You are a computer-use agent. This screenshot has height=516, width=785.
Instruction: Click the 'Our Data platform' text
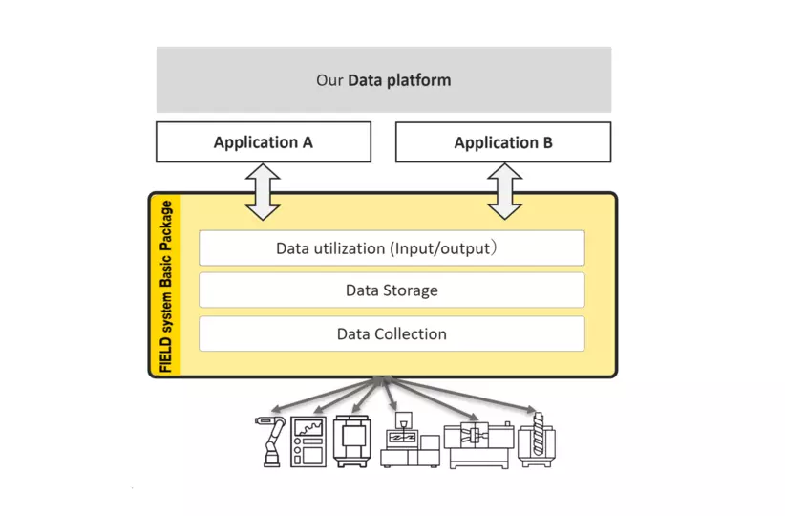coord(383,80)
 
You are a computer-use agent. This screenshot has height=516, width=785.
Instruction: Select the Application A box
coord(263,142)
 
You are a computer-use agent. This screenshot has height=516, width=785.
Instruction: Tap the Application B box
coord(502,142)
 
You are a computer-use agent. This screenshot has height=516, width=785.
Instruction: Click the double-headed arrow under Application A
coord(263,191)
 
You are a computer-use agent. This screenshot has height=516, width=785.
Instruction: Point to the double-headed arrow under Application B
coord(504,191)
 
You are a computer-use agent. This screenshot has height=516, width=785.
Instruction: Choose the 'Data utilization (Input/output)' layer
coord(391,248)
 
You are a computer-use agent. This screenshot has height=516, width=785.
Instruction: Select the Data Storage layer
coord(391,290)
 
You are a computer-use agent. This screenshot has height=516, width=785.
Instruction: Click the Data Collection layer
coord(391,333)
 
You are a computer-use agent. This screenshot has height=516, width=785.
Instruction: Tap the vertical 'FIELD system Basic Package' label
coord(166,286)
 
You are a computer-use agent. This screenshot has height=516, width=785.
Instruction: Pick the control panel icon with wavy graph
coord(308,441)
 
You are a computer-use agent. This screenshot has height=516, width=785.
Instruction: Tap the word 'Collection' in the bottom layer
coord(410,333)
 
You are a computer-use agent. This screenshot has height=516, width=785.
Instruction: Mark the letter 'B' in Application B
coord(546,142)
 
